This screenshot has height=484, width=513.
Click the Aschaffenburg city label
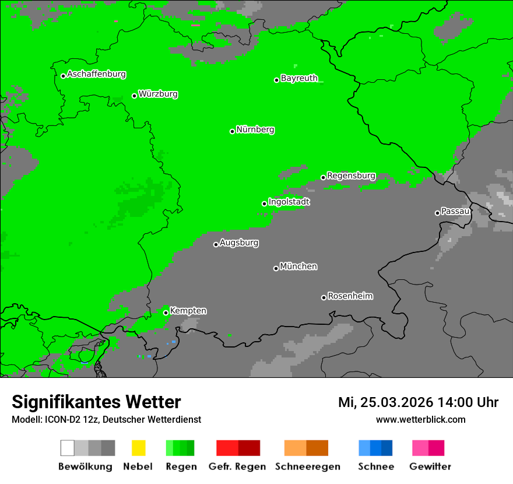pyautogui.click(x=96, y=75)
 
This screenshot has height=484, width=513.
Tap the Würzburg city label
pyautogui.click(x=158, y=94)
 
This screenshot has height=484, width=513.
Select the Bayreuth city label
pyautogui.click(x=299, y=78)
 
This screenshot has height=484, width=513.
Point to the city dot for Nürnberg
pyautogui.click(x=232, y=131)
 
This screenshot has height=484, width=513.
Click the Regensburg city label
pyautogui.click(x=351, y=176)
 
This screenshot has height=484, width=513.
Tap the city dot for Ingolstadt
pyautogui.click(x=264, y=204)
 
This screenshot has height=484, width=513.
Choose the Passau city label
pyautogui.click(x=455, y=211)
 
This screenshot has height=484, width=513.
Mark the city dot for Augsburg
pyautogui.click(x=216, y=244)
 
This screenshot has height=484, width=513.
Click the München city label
pyautogui.click(x=298, y=266)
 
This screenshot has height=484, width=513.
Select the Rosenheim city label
pyautogui.click(x=350, y=296)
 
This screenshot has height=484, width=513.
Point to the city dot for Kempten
pyautogui.click(x=166, y=313)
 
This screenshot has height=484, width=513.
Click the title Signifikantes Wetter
pyautogui.click(x=96, y=402)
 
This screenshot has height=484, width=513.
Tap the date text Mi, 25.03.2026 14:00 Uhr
pyautogui.click(x=418, y=402)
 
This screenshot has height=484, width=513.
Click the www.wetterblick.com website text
pyautogui.click(x=420, y=419)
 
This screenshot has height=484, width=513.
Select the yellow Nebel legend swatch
pyautogui.click(x=138, y=448)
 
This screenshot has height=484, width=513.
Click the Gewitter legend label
pyautogui.click(x=430, y=467)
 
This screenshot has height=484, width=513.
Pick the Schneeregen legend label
pyautogui.click(x=307, y=467)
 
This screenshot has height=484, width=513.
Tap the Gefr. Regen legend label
pyautogui.click(x=237, y=467)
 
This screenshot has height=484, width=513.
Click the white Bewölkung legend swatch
pyautogui.click(x=68, y=448)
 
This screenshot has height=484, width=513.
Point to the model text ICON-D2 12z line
pyautogui.click(x=106, y=419)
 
